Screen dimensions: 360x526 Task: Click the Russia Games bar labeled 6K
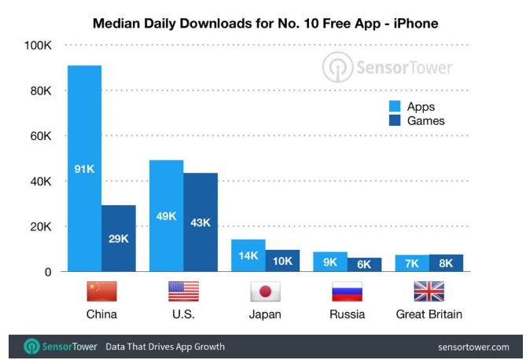[x=364, y=265]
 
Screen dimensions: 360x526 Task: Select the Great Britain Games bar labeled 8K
[x=446, y=263]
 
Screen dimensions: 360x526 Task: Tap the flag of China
[x=101, y=292]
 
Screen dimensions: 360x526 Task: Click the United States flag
[x=183, y=292]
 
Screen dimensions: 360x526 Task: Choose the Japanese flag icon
[x=265, y=292]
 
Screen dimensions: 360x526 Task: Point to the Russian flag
[x=347, y=292]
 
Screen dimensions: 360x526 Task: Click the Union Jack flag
[x=429, y=292]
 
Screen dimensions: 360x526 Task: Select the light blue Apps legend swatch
[x=395, y=106]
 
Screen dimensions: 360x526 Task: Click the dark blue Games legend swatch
[x=395, y=121]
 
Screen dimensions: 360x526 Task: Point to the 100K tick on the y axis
[x=37, y=46]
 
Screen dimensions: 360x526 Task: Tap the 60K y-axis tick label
[x=40, y=137]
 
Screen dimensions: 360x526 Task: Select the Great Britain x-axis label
[x=429, y=314]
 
